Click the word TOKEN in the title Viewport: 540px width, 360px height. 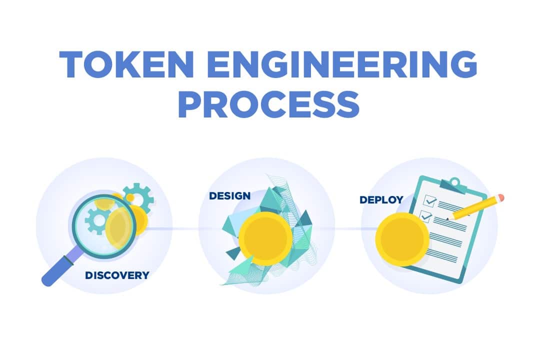126,64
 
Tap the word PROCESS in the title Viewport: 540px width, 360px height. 268,104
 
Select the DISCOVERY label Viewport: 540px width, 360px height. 117,275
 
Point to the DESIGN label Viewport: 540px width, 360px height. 229,196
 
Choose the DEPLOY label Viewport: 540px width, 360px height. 381,200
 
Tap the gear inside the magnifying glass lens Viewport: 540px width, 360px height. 97,221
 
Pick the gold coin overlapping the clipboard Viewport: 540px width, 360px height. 402,239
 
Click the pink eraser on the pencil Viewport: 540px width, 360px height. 500,197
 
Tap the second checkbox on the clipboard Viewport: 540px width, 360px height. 425,216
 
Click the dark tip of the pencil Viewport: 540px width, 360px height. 448,218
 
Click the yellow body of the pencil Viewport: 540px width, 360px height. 475,207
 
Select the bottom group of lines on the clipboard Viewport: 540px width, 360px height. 442,256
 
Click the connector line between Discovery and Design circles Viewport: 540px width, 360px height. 172,228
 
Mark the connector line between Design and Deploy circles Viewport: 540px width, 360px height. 348,228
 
